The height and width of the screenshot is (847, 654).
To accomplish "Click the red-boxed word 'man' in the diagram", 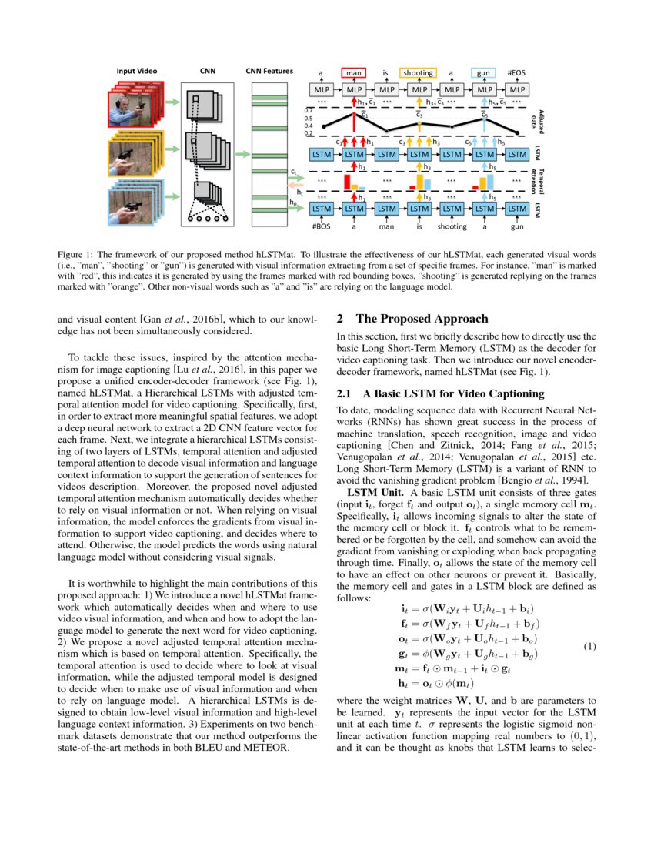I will click(x=354, y=73).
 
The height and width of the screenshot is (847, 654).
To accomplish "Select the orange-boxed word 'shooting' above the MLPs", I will click(x=419, y=73).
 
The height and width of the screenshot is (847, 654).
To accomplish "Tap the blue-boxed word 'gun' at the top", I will click(x=484, y=73).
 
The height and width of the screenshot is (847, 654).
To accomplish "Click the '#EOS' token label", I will click(x=516, y=73).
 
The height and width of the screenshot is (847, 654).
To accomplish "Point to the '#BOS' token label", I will click(x=321, y=227).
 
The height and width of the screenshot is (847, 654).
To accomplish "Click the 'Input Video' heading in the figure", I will click(x=137, y=71).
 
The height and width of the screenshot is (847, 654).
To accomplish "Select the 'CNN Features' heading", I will click(x=269, y=71).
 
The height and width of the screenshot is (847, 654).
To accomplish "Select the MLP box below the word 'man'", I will click(x=354, y=90).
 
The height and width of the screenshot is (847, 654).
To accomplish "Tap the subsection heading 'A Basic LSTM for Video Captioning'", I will click(x=455, y=393).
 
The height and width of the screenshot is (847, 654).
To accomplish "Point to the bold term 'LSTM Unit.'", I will click(x=372, y=491).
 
